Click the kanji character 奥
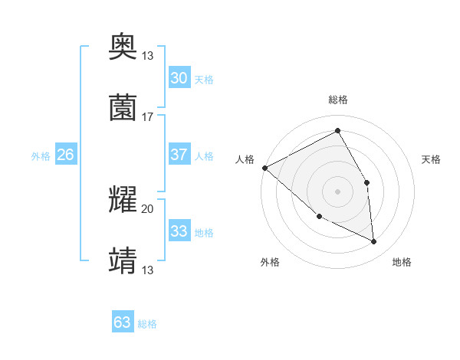123,47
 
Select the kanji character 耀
123,200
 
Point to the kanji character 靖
123,260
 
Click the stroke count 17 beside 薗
148,117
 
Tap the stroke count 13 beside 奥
148,56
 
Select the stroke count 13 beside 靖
148,270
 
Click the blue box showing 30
179,78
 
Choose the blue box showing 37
179,155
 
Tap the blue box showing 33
179,231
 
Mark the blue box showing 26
65,155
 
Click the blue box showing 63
123,322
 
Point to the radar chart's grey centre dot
337,191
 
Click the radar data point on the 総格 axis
337,130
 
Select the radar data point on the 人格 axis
264,168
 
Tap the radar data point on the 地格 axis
373,241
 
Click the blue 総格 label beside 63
147,324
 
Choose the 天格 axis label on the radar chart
432,159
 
